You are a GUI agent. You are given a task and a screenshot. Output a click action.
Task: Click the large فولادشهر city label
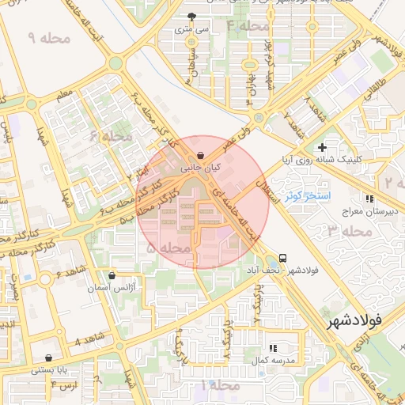click(x=354, y=320)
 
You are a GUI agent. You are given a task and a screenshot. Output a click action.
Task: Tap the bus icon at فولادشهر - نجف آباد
click(x=283, y=258)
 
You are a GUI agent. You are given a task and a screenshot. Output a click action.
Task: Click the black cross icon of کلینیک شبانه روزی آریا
click(x=322, y=147)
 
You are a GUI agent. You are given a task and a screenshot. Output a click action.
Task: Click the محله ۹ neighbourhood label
click(x=48, y=37)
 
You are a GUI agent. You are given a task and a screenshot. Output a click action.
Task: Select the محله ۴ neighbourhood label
click(x=248, y=26)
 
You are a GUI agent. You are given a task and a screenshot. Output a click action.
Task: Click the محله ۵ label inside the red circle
click(x=169, y=248)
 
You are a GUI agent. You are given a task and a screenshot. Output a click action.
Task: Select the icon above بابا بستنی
click(x=49, y=358)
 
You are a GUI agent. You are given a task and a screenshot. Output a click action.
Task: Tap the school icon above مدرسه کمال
click(x=274, y=347)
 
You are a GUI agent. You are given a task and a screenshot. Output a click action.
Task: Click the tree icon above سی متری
click(x=191, y=16)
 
